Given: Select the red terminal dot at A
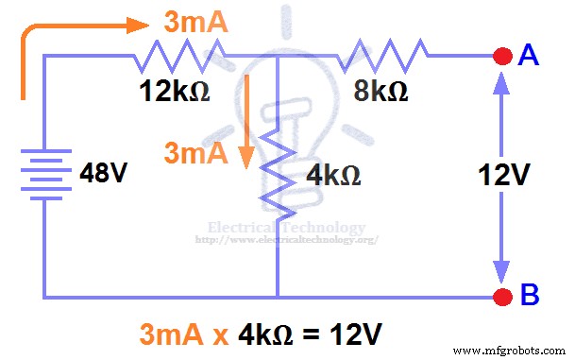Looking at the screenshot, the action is [x=500, y=57].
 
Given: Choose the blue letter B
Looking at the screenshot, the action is [x=530, y=297].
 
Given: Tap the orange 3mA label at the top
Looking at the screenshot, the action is [x=195, y=24].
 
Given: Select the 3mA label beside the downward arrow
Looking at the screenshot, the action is [x=196, y=152].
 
